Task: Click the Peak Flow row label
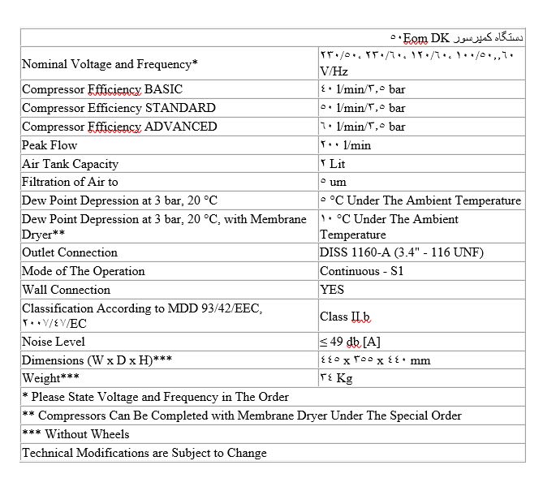click(50, 145)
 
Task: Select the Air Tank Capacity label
click(70, 164)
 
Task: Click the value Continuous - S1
click(361, 271)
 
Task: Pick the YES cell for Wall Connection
click(332, 290)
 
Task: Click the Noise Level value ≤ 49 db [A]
click(361, 342)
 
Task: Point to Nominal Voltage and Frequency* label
click(110, 64)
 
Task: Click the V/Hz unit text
click(334, 71)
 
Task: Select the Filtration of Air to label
click(70, 183)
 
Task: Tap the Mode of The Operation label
click(83, 271)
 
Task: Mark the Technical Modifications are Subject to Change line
click(144, 453)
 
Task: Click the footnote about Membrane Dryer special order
click(241, 416)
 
